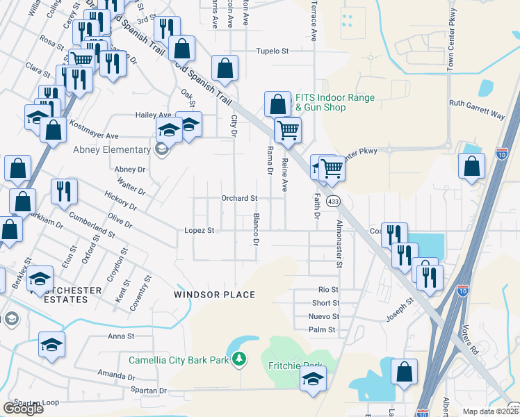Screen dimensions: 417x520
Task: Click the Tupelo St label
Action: [272, 51]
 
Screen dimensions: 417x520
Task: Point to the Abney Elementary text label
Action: [112, 149]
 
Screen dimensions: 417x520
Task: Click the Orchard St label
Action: [239, 199]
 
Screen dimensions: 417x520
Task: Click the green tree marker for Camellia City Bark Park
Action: [239, 359]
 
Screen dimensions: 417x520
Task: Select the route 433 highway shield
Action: [334, 202]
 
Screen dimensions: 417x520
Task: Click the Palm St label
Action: [323, 329]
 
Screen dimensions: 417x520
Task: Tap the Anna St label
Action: [120, 336]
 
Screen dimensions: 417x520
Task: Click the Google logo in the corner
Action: [23, 409]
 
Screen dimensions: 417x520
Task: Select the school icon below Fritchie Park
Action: [313, 380]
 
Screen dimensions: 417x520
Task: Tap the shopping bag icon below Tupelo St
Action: [225, 69]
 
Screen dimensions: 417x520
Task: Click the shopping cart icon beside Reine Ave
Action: [288, 130]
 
